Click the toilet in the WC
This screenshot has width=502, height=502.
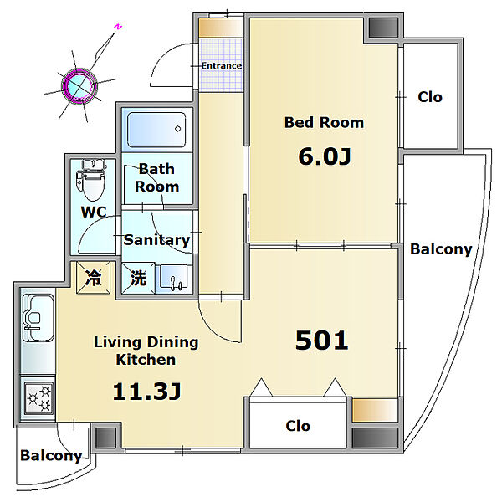[90, 180]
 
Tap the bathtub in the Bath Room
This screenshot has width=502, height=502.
[156, 130]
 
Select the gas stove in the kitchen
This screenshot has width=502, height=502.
[38, 398]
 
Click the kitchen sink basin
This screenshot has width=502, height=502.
[38, 318]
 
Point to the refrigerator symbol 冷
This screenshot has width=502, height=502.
[93, 277]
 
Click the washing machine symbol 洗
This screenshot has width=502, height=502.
[138, 277]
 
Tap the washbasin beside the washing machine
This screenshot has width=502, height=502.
[173, 277]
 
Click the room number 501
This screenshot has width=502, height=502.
[321, 341]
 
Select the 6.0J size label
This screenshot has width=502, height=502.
[325, 156]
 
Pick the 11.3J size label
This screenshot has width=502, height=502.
[146, 392]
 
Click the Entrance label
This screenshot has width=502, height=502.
[221, 65]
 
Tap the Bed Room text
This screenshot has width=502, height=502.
[324, 122]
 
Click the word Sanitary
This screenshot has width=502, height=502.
[157, 240]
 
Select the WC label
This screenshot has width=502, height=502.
[94, 212]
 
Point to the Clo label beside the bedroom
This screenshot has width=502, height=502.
[430, 97]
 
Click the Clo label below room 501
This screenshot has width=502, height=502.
[298, 426]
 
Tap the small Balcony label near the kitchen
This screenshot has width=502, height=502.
[51, 455]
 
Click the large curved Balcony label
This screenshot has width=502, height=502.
[441, 249]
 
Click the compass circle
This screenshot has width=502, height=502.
[79, 85]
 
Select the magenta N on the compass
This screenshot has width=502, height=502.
[118, 27]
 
